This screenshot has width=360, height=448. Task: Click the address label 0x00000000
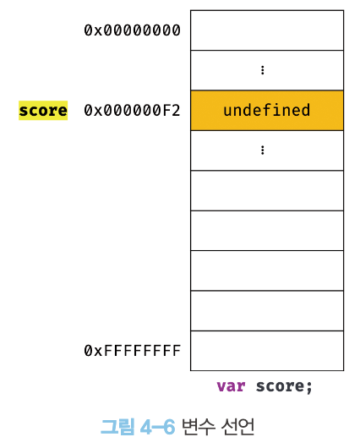(132, 30)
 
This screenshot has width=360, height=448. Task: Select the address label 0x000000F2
(132, 111)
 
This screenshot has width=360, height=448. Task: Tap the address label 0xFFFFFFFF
(132, 351)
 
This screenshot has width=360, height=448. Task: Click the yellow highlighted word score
(43, 111)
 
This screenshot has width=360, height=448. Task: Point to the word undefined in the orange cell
(267, 110)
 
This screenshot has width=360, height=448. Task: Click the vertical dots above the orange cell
(263, 70)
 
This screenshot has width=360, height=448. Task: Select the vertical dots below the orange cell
(263, 150)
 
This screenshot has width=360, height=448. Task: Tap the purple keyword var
(231, 386)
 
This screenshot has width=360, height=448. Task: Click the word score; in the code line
(284, 386)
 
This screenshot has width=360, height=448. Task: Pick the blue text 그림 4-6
(138, 427)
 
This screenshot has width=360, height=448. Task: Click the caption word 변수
(198, 427)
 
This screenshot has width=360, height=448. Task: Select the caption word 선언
(237, 427)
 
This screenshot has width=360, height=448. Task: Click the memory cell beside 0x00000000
(267, 30)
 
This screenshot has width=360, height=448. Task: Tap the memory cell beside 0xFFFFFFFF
(267, 351)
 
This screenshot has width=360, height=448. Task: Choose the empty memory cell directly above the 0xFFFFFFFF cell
(267, 311)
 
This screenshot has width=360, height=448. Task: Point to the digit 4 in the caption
(145, 428)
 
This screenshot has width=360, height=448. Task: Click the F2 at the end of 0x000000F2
(172, 111)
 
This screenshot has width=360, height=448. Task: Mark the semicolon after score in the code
(308, 388)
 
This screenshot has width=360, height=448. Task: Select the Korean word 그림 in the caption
(117, 427)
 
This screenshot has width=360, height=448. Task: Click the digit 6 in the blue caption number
(169, 428)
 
